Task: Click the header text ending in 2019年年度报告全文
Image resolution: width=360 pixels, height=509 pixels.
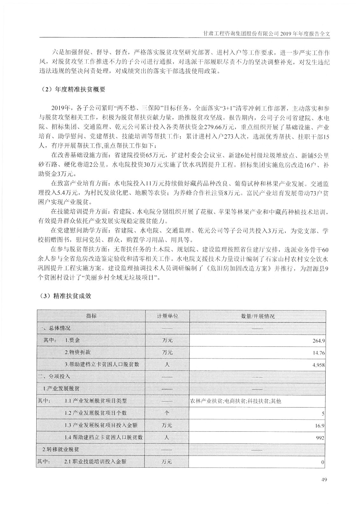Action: pos(266,33)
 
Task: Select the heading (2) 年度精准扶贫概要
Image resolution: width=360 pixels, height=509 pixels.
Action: pos(74,90)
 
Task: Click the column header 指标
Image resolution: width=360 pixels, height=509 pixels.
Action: pos(91,316)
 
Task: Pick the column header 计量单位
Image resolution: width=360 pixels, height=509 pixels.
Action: pos(167,316)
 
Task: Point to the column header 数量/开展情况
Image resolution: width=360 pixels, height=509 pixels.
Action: pos(258,316)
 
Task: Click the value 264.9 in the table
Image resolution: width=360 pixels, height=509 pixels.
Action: pos(318,340)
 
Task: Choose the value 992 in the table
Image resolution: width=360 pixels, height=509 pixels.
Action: pos(320,438)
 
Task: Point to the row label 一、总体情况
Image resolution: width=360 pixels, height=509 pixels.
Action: pos(54,328)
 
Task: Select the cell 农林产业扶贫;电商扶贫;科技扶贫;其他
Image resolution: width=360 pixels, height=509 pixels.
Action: pos(235,401)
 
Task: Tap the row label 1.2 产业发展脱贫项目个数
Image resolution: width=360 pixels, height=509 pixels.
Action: pos(95,413)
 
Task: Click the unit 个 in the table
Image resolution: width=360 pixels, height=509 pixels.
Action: pos(167,413)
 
